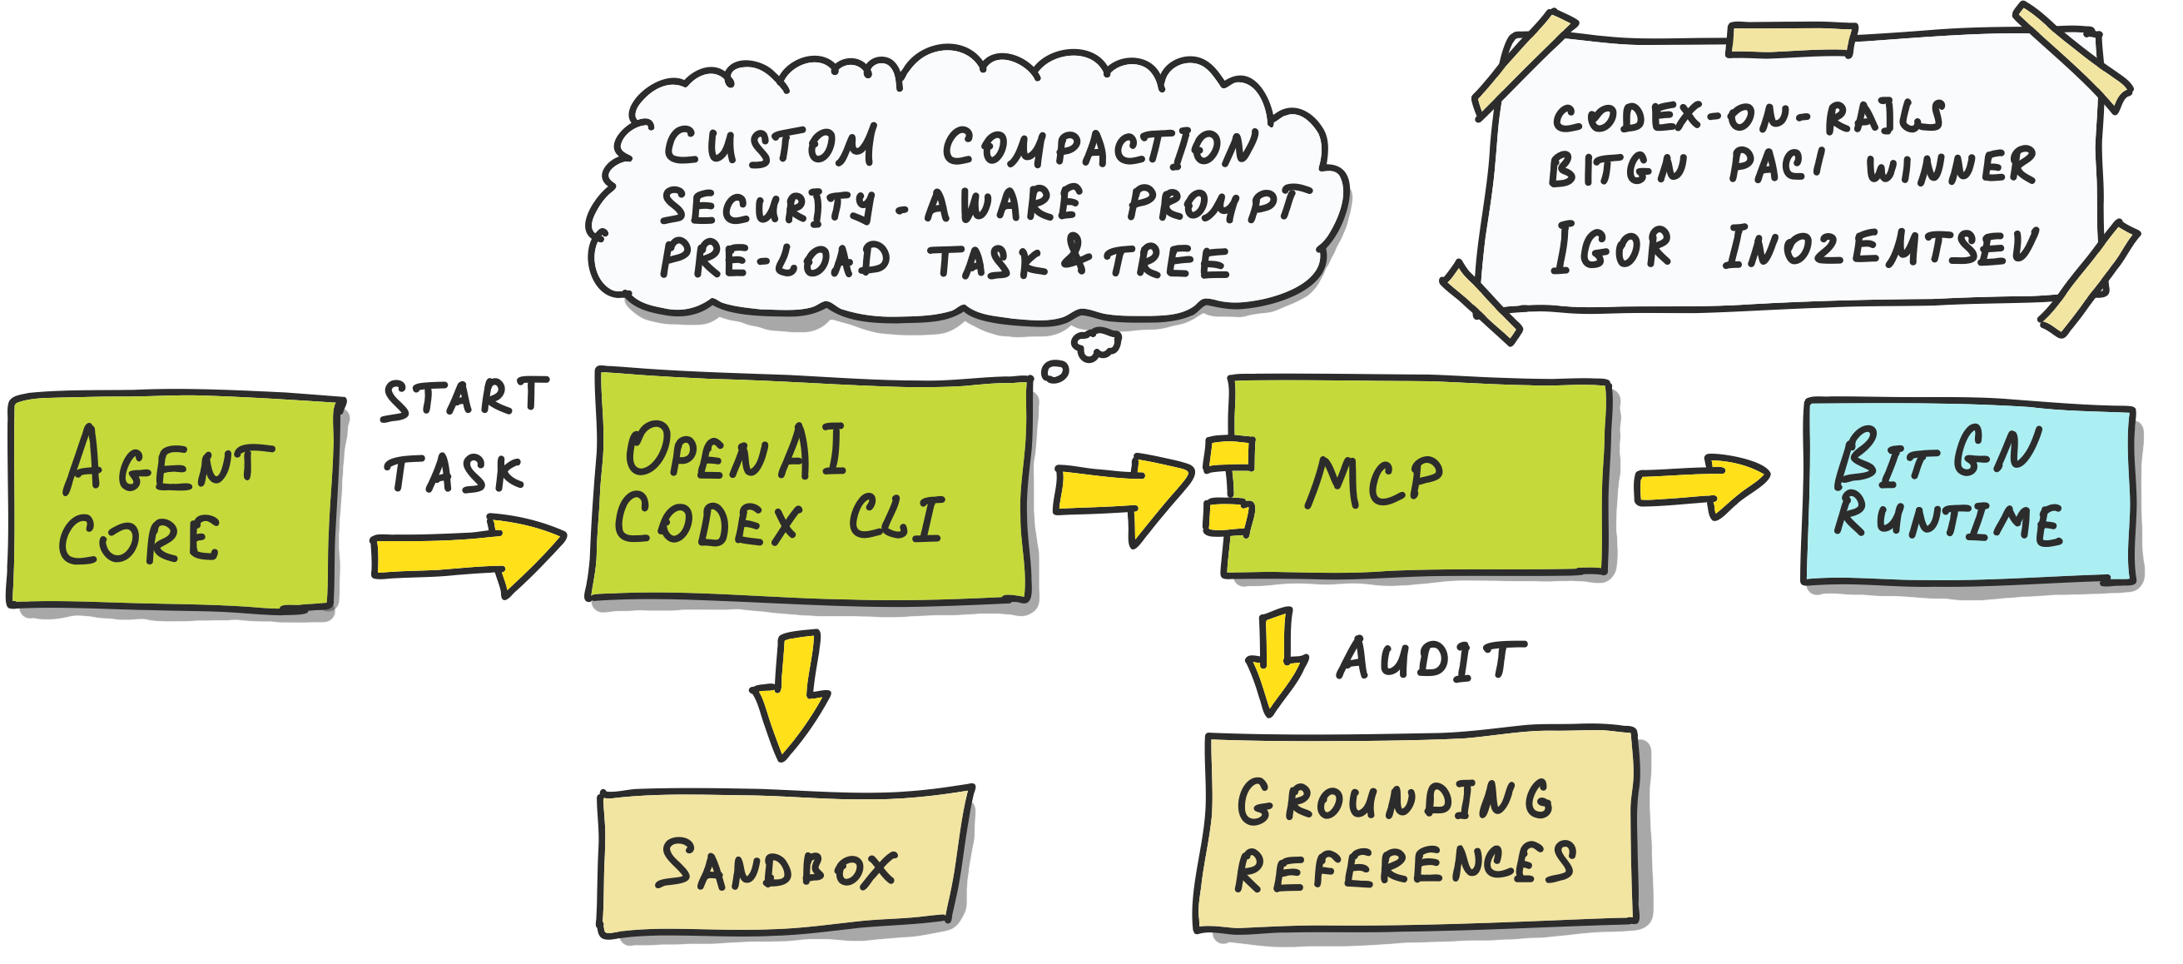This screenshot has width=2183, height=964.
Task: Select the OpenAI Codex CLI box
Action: click(809, 488)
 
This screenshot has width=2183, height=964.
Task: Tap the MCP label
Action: click(1373, 481)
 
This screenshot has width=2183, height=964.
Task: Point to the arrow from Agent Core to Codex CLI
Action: click(466, 553)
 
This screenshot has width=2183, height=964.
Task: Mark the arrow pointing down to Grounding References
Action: click(1273, 661)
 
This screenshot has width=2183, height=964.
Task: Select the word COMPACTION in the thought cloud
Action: click(1100, 147)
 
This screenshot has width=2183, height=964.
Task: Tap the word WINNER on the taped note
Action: click(1949, 166)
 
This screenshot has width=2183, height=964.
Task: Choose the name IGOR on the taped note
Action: click(1610, 247)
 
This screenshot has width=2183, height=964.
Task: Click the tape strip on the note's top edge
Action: click(1791, 41)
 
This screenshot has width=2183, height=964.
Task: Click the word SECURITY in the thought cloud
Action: click(767, 206)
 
